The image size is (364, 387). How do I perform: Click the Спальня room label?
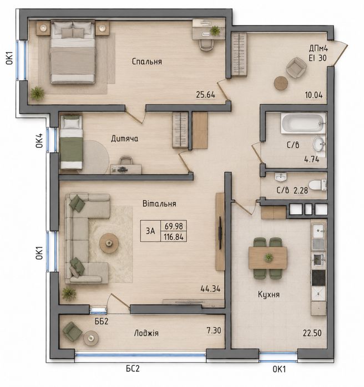tap(147, 61)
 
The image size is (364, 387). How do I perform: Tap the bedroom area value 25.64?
tap(205, 95)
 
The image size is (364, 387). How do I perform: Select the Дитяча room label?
tap(124, 138)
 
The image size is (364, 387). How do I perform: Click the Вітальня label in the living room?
tap(159, 204)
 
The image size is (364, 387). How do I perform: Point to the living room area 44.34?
tap(210, 288)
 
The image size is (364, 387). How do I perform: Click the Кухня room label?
tap(269, 294)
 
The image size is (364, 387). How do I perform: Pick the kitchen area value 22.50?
tap(312, 333)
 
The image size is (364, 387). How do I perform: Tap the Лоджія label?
tap(146, 333)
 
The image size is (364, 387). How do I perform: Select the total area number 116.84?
tap(174, 237)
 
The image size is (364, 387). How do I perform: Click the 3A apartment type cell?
tap(150, 231)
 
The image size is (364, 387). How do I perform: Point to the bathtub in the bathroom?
tap(303, 123)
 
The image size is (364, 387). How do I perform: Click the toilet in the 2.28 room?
tap(317, 185)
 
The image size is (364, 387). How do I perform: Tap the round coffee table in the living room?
tap(109, 243)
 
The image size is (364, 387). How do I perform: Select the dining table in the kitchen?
tap(268, 258)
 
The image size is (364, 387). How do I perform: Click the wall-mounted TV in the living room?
tap(220, 233)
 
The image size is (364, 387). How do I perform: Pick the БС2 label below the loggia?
tap(133, 369)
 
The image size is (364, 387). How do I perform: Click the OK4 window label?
tap(39, 141)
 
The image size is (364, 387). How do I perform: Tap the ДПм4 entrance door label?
tap(318, 48)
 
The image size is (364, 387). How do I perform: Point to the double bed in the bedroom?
tap(73, 52)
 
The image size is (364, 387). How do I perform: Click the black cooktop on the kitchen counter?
tap(318, 278)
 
